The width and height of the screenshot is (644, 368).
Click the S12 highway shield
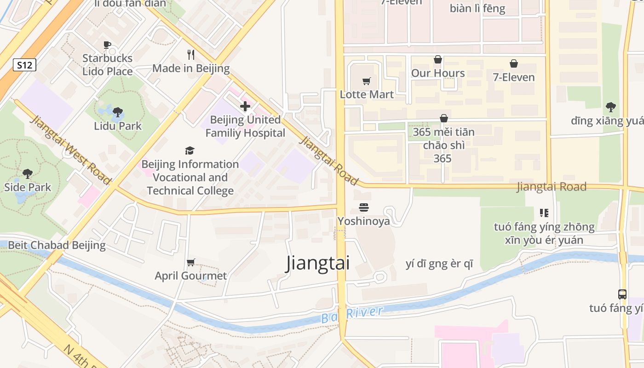[24, 65]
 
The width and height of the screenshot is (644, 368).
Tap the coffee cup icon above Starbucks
[107, 45]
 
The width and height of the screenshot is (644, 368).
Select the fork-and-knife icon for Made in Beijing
[191, 55]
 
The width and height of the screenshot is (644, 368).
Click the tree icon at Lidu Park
[118, 112]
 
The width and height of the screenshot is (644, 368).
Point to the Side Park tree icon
[28, 173]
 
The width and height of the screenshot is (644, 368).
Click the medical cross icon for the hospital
[245, 106]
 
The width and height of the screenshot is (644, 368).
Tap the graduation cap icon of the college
[190, 150]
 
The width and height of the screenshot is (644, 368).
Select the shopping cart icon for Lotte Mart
[367, 81]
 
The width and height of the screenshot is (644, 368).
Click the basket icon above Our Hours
[437, 59]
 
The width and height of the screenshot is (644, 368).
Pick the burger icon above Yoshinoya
[364, 207]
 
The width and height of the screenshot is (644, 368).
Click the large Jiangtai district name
[318, 263]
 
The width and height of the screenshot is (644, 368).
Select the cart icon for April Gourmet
[190, 262]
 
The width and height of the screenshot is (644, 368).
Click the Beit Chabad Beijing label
[57, 245]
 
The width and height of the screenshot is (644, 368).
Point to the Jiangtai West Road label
[71, 150]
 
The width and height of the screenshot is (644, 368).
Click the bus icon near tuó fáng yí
[622, 294]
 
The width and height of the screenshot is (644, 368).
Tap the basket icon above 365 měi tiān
[443, 118]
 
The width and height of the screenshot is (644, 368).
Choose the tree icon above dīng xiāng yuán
[611, 107]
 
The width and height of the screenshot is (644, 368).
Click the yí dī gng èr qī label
[439, 264]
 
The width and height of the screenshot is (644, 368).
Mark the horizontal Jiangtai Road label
[551, 187]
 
